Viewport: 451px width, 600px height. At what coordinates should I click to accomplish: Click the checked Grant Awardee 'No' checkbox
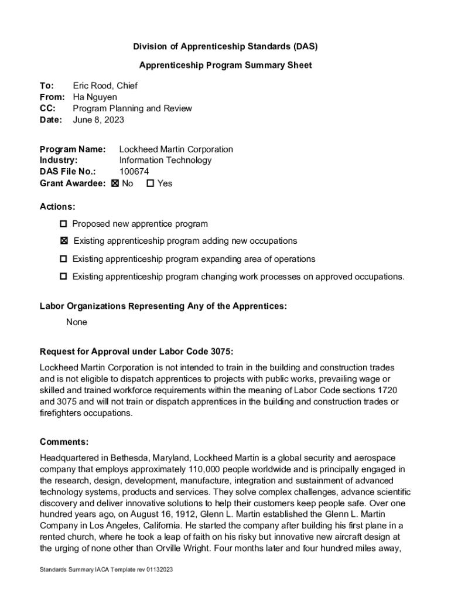(x=115, y=183)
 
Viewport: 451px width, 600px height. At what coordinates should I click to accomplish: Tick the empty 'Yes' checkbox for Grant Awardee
(x=150, y=183)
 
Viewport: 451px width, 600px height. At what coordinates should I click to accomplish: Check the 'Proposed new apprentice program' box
(x=63, y=224)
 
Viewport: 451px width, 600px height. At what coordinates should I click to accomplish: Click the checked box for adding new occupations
(x=63, y=241)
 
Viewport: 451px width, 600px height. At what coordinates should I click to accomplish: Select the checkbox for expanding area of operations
(x=63, y=259)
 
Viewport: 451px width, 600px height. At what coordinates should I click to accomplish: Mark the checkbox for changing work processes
(x=63, y=277)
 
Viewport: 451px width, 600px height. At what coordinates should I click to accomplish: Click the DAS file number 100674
(x=134, y=172)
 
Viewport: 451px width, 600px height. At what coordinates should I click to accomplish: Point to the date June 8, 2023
(x=98, y=120)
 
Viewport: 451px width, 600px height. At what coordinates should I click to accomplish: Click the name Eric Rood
(x=93, y=86)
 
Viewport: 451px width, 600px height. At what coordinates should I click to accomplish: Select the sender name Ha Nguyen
(x=95, y=97)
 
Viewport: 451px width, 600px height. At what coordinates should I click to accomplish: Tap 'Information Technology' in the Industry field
(x=165, y=161)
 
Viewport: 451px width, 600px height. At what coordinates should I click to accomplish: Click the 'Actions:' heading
(x=57, y=207)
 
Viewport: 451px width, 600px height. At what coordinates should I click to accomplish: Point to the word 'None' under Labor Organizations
(x=77, y=322)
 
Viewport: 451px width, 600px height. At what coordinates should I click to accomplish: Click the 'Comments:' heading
(x=64, y=442)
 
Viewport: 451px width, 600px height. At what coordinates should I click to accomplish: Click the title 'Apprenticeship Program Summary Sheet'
(x=225, y=65)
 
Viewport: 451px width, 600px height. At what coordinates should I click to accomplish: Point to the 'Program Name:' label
(x=73, y=149)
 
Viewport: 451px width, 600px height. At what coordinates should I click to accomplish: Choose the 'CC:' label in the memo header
(x=47, y=108)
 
